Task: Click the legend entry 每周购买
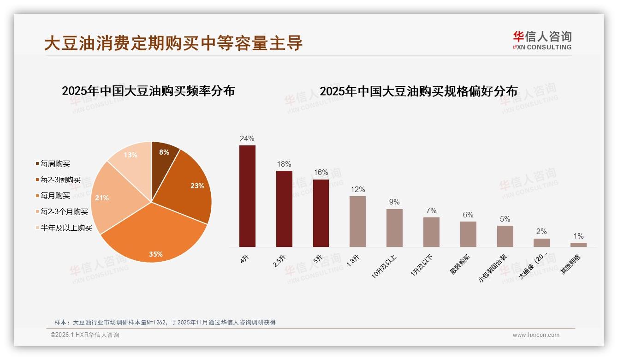(55, 164)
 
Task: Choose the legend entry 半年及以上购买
(66, 228)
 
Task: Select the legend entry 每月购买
(55, 196)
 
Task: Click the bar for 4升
(247, 196)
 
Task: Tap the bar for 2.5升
(284, 209)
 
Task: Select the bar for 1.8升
(357, 222)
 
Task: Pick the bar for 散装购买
(468, 234)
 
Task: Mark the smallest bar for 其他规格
(578, 245)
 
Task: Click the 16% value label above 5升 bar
(321, 173)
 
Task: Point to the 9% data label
(394, 202)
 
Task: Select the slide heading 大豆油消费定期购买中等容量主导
(173, 43)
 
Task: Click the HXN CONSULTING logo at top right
(542, 40)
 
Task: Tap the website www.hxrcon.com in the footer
(536, 335)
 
